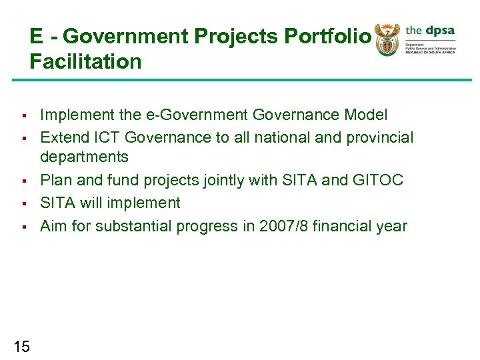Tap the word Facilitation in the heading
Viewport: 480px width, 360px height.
click(x=85, y=62)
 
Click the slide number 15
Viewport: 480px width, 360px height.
click(x=21, y=346)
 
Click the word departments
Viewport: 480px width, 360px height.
click(x=84, y=157)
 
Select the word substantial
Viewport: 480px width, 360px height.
click(x=133, y=226)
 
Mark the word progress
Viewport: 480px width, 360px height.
click(x=203, y=226)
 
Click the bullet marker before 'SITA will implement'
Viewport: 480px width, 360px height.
click(x=23, y=203)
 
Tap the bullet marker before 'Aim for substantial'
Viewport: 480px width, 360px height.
click(x=23, y=227)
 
